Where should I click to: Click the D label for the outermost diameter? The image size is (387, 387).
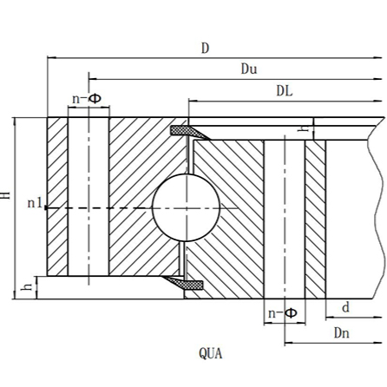(205, 48)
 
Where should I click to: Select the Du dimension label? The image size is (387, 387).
(249, 69)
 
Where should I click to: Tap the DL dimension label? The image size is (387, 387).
(284, 90)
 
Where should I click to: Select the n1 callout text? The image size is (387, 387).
(34, 204)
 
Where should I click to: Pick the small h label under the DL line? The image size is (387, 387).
(300, 128)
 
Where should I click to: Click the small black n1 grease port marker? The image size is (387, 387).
(46, 207)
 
